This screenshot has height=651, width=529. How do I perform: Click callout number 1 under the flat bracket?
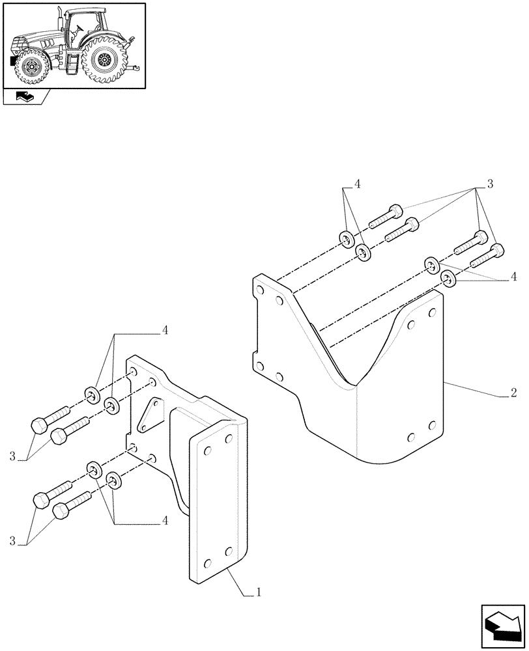[259, 592]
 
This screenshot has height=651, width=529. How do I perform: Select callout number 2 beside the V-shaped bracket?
[513, 393]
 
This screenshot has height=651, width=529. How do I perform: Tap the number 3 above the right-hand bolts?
[489, 185]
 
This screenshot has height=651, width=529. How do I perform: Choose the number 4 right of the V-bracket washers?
[514, 277]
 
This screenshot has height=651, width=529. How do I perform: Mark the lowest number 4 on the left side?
[164, 521]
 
